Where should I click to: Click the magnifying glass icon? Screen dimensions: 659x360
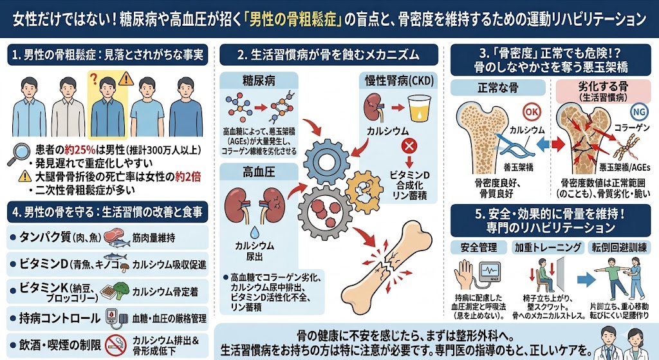coord(19,154)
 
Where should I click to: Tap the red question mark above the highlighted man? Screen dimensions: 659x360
coord(94,79)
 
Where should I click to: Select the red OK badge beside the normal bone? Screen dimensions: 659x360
coord(532,112)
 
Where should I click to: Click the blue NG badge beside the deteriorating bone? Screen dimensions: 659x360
coord(639,112)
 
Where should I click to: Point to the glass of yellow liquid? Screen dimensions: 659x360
coord(420,109)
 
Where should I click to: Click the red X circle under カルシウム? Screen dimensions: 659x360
coord(409,146)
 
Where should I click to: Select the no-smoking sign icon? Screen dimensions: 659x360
coord(116,345)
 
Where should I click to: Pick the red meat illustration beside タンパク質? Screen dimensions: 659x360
coord(114,235)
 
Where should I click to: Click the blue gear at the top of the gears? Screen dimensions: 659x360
coord(326,161)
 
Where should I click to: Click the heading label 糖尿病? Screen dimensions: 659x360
coord(259,81)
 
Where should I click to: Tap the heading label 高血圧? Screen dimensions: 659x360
coord(259,171)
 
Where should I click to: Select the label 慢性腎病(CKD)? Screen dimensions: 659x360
coord(399,81)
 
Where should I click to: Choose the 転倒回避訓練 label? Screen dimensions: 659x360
coord(619,247)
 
